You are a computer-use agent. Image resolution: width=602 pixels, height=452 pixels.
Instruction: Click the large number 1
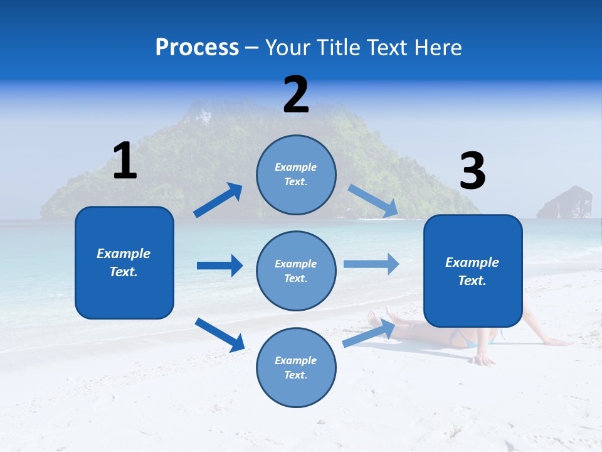click(125, 161)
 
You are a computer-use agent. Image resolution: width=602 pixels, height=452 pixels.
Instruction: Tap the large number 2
click(296, 95)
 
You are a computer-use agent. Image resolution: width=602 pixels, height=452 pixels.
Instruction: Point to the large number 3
click(472, 171)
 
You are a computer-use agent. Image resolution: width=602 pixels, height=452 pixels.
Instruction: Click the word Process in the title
click(197, 47)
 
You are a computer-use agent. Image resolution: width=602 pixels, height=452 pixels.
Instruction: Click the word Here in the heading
click(437, 47)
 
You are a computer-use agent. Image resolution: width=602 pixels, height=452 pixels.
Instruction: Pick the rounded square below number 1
click(124, 262)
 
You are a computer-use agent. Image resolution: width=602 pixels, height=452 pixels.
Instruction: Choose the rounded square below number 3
click(473, 271)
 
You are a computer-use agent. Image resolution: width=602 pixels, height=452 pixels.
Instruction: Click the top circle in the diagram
click(296, 175)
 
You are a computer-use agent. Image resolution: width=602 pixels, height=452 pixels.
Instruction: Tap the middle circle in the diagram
click(296, 271)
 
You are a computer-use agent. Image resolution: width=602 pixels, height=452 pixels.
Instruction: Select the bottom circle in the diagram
click(296, 367)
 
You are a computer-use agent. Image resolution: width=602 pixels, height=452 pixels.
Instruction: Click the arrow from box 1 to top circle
click(218, 200)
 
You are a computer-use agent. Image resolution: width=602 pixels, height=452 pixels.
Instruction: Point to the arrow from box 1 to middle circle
click(219, 266)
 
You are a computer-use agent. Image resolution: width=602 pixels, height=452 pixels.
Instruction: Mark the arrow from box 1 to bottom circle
click(219, 335)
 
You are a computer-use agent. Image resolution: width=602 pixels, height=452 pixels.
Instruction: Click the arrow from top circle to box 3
click(372, 201)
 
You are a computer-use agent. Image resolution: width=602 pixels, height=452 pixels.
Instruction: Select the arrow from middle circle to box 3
click(371, 264)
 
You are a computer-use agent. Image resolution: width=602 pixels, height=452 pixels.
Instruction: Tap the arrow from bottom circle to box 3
click(369, 333)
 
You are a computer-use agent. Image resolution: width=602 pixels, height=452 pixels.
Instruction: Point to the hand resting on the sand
click(483, 360)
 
